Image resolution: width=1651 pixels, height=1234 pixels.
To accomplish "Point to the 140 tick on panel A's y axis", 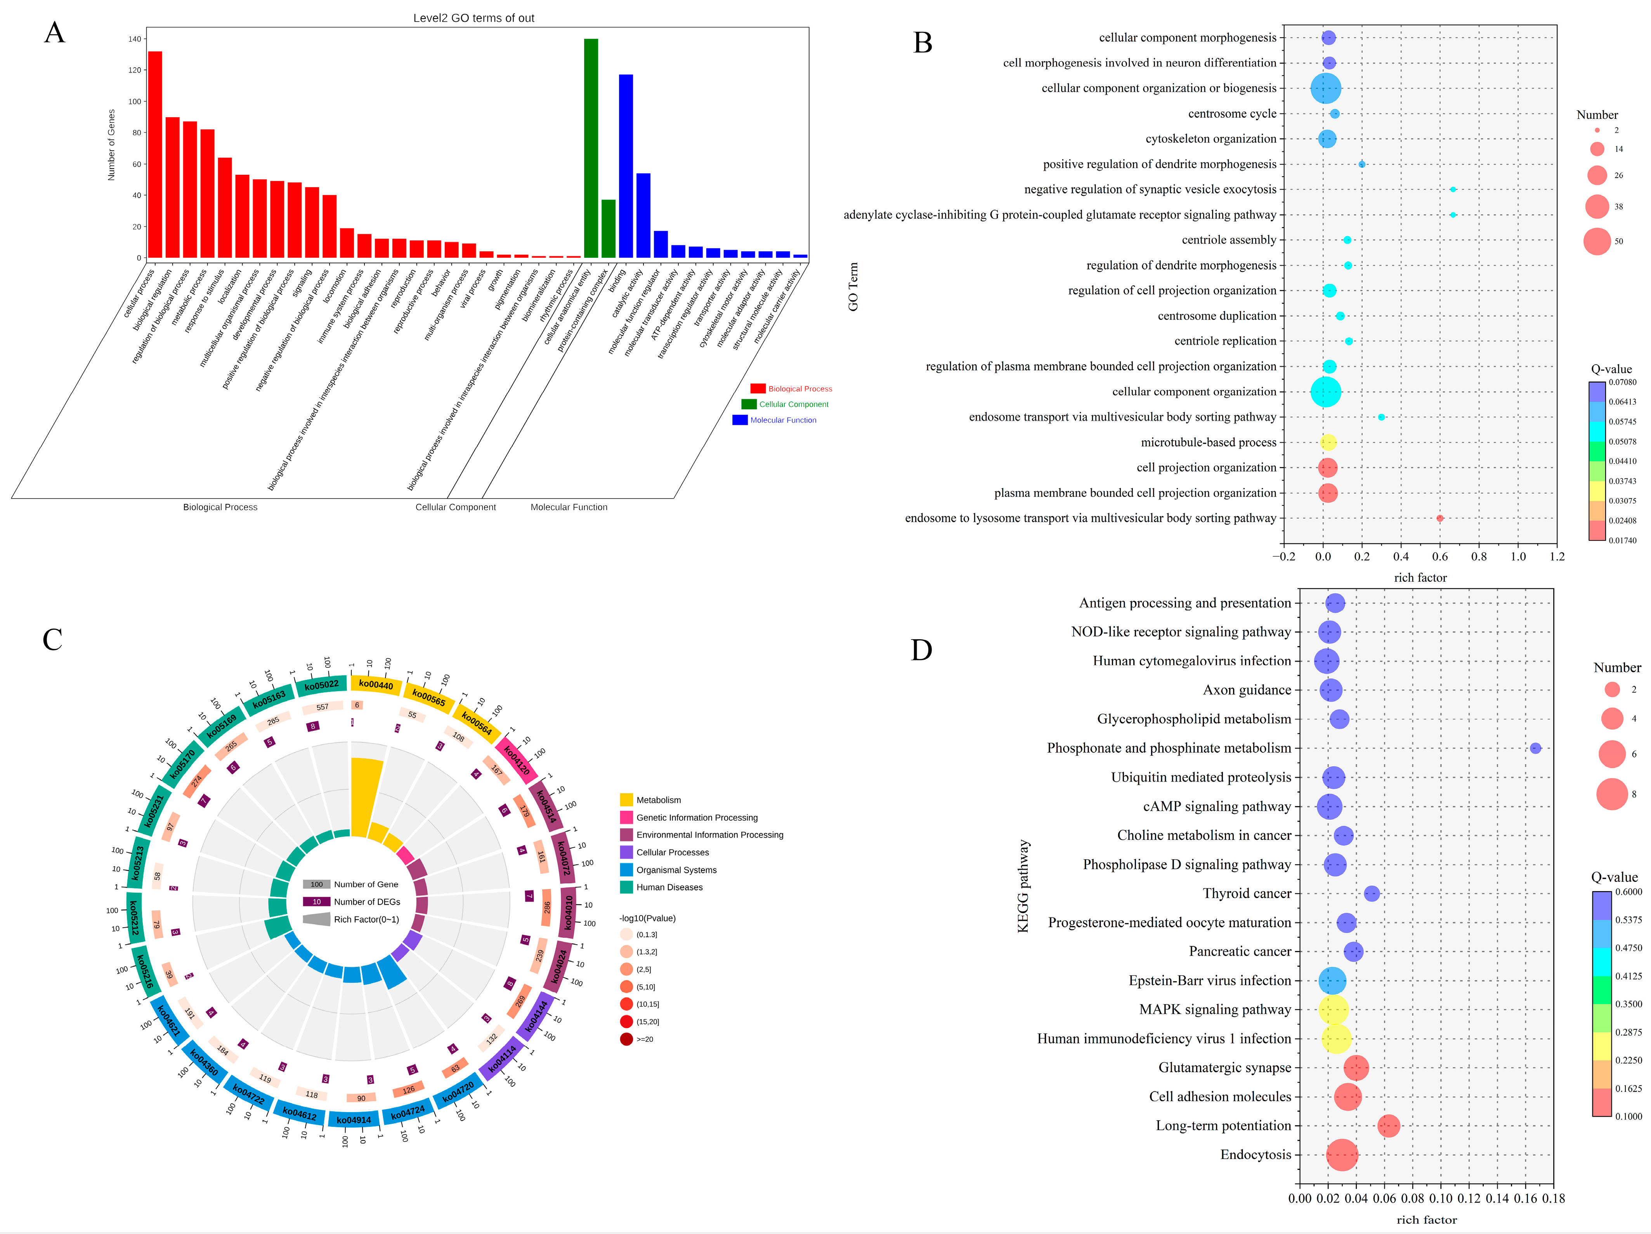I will (135, 39).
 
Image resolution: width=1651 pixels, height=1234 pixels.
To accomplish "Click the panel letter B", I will (923, 43).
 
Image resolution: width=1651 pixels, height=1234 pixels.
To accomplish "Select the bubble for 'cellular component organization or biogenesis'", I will (1326, 88).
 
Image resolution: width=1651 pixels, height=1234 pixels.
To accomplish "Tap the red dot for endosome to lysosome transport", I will (1440, 518).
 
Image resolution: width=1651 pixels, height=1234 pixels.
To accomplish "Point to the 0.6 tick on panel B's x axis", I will (1440, 556).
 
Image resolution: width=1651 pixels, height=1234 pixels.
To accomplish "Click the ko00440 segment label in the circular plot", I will (375, 685).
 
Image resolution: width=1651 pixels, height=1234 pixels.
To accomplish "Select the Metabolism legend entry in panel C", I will (657, 799).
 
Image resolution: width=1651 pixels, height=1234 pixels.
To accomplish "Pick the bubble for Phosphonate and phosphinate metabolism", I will (1535, 748).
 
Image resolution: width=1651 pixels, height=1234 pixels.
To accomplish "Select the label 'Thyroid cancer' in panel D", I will (1247, 893).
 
